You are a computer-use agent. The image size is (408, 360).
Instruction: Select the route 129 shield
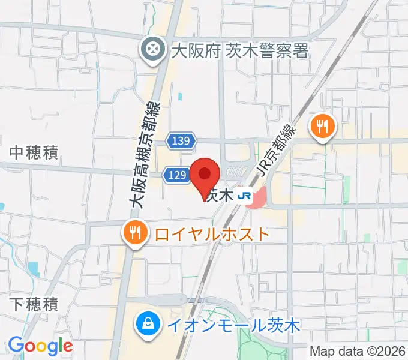(177, 175)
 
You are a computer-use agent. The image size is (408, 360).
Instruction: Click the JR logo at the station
(244, 195)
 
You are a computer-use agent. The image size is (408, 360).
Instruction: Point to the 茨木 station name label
(218, 195)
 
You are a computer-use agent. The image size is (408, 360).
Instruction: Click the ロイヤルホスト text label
(212, 233)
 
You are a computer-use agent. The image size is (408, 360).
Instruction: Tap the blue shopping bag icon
(147, 326)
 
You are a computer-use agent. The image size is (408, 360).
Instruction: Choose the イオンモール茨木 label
(234, 326)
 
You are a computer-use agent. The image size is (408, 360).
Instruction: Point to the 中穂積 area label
(34, 153)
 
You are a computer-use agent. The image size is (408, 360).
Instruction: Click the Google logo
(40, 346)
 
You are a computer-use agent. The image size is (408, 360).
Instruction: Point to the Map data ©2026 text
(357, 351)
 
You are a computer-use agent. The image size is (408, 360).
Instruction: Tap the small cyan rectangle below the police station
(180, 95)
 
